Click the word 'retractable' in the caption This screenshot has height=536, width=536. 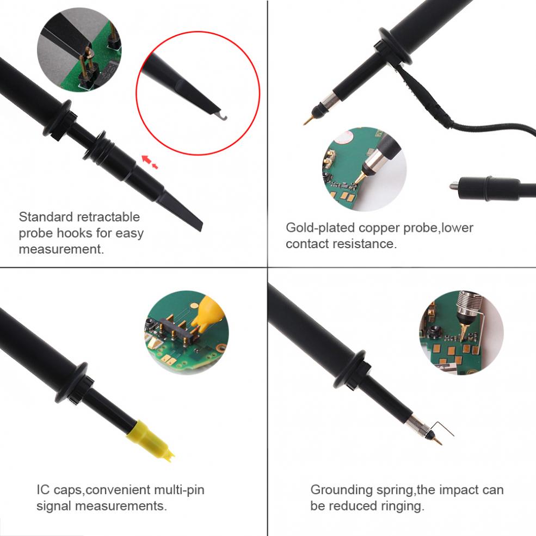tap(108, 217)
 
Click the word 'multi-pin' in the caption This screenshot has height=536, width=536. tap(179, 490)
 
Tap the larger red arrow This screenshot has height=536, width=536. tap(146, 159)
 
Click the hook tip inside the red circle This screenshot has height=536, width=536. tap(223, 118)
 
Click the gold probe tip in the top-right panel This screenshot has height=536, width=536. tap(307, 120)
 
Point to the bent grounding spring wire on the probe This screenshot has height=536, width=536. tap(441, 428)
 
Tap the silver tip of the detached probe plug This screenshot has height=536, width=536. tap(453, 186)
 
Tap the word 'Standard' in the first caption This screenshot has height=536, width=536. tap(46, 217)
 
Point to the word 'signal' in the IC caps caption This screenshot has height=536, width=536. tap(54, 506)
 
